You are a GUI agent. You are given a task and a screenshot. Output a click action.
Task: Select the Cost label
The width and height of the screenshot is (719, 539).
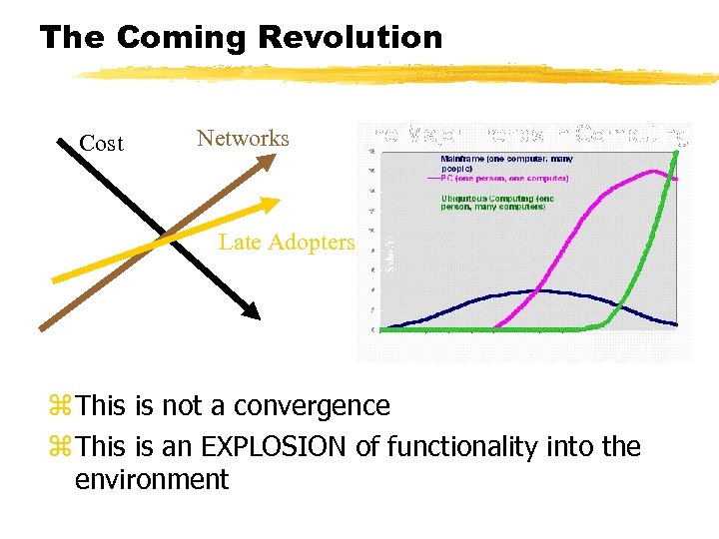coord(102,144)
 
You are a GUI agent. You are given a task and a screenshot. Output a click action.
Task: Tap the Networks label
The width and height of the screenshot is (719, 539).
coord(243,139)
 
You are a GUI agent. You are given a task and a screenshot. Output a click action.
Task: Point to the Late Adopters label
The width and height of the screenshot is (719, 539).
coord(286,243)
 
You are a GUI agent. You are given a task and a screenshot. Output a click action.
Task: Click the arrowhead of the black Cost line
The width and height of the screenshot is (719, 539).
coord(252,311)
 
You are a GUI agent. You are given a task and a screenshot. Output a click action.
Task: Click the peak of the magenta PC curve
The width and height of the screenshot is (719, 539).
coord(654,171)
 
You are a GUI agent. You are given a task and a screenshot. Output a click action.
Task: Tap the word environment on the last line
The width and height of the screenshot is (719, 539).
coord(152,480)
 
